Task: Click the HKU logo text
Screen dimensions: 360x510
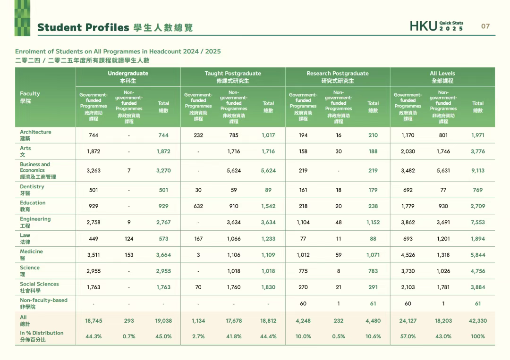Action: tap(423, 26)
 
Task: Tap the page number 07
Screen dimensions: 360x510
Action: tap(485, 26)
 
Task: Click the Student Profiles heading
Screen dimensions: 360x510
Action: tap(83, 27)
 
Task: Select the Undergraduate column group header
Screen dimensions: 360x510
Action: tap(128, 76)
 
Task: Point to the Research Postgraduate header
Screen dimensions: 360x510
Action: tap(338, 76)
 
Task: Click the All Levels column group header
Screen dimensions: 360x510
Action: tap(442, 76)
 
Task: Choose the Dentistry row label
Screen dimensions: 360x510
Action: tap(32, 190)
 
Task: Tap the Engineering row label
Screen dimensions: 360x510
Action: tap(35, 222)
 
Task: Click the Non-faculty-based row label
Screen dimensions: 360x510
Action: tap(43, 303)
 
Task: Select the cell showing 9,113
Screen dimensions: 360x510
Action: tap(478, 171)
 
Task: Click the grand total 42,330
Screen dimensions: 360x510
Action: tap(478, 321)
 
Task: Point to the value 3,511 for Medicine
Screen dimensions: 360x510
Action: tap(93, 255)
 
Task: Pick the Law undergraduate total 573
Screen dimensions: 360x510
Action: tap(163, 239)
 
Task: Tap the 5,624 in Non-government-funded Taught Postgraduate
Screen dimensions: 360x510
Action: tap(233, 171)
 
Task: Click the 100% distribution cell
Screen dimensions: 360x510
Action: tap(478, 336)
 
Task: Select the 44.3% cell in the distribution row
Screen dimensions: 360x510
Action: tap(93, 336)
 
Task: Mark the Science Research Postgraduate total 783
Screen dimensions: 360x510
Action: tap(373, 271)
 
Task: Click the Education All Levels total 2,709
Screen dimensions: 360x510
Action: tap(478, 206)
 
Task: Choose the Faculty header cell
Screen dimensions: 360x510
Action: tap(30, 97)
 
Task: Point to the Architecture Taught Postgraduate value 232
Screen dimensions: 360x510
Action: tap(198, 135)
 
